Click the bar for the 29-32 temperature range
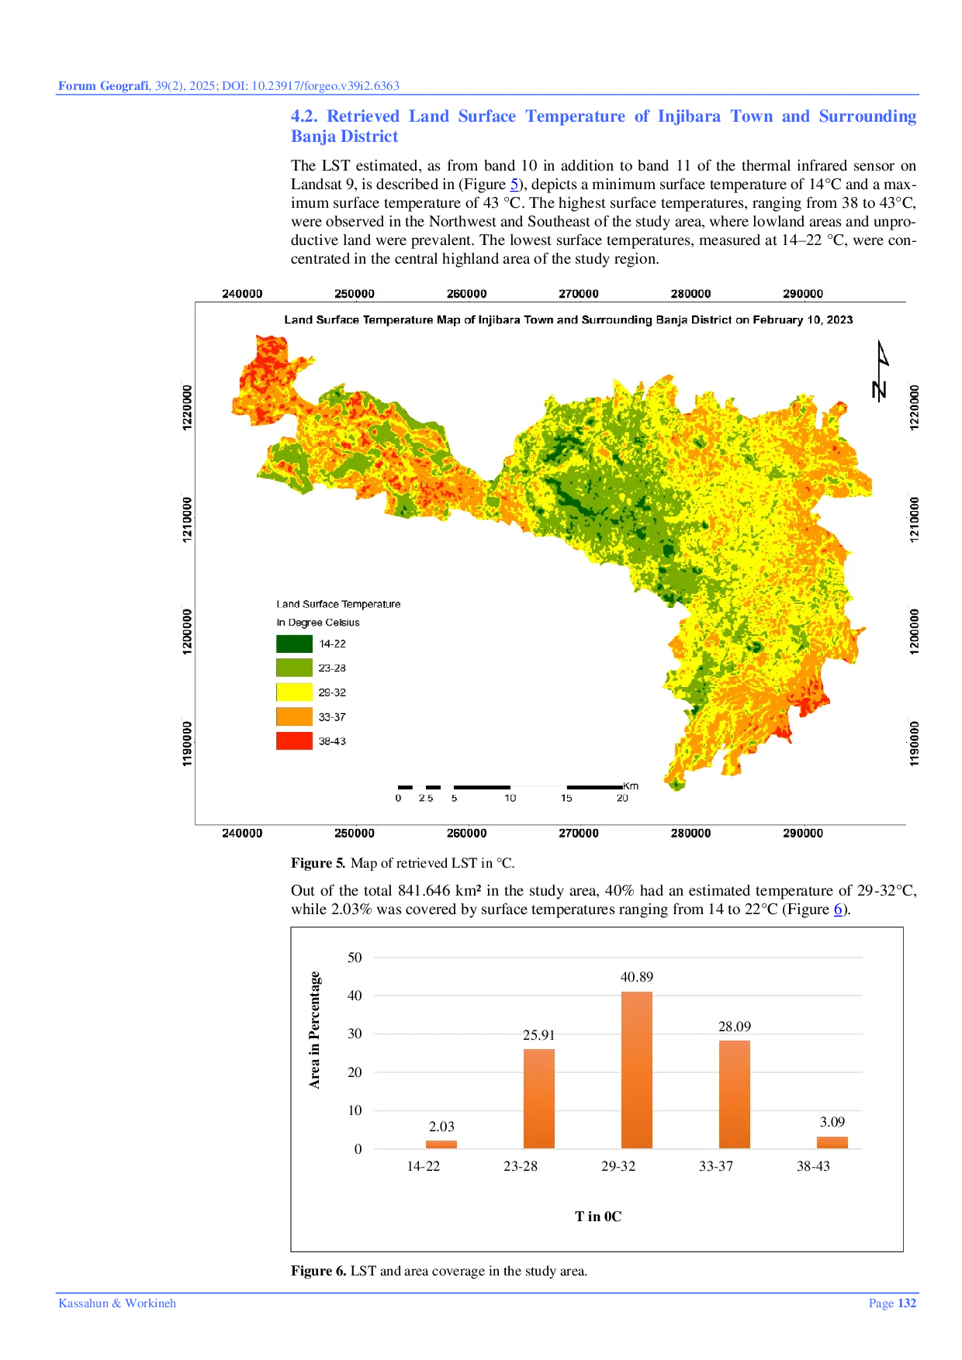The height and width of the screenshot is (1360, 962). (x=636, y=1070)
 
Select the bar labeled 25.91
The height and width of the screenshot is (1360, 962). (x=538, y=1098)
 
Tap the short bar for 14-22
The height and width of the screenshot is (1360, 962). (x=441, y=1144)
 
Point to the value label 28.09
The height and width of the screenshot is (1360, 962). (x=734, y=1027)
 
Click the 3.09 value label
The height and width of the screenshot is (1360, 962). (x=832, y=1122)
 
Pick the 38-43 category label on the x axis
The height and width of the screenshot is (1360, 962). (x=813, y=1166)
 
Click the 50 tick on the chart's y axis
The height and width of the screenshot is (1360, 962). (x=355, y=958)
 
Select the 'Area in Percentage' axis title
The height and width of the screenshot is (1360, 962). (x=314, y=1030)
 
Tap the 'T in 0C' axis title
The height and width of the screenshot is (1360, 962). (x=598, y=1217)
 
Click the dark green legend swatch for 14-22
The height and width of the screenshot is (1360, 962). (x=294, y=644)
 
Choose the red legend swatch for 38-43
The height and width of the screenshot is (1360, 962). (x=294, y=740)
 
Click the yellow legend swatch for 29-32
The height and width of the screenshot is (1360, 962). (x=294, y=692)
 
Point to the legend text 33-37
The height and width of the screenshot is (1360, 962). (x=332, y=717)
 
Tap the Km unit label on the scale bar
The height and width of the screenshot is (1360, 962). (x=631, y=786)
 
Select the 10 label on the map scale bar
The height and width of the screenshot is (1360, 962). (x=510, y=798)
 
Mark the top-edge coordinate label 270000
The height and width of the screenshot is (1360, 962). (x=579, y=294)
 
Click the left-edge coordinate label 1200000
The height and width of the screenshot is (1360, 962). (x=187, y=631)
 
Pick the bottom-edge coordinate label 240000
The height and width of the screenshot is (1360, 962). (x=242, y=834)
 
